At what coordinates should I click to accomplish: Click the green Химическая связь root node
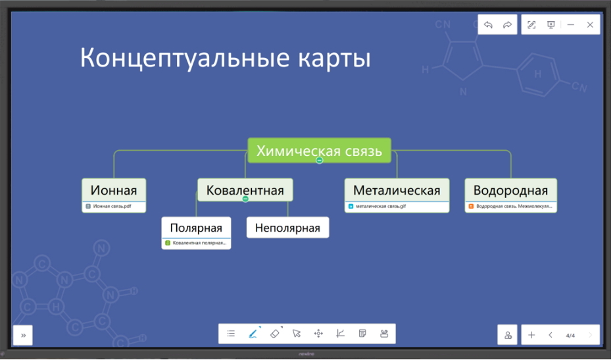[319, 151]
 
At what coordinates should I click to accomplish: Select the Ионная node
[114, 190]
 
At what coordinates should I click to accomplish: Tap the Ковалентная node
[245, 190]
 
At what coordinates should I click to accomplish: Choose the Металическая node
[397, 190]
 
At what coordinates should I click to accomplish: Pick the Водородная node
[510, 190]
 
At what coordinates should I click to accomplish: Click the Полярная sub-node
[196, 228]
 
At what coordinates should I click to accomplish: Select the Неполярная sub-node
[287, 228]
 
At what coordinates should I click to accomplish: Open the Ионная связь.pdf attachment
[112, 206]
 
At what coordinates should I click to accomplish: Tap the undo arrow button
[488, 25]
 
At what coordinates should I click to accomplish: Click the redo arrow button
[507, 25]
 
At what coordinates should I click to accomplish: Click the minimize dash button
[570, 25]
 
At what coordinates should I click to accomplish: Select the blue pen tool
[253, 334]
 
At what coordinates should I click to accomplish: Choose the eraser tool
[275, 334]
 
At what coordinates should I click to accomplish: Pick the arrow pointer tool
[297, 334]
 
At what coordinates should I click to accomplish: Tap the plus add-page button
[531, 335]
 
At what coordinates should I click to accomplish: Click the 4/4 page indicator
[570, 336]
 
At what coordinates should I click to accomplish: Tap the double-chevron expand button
[23, 335]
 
